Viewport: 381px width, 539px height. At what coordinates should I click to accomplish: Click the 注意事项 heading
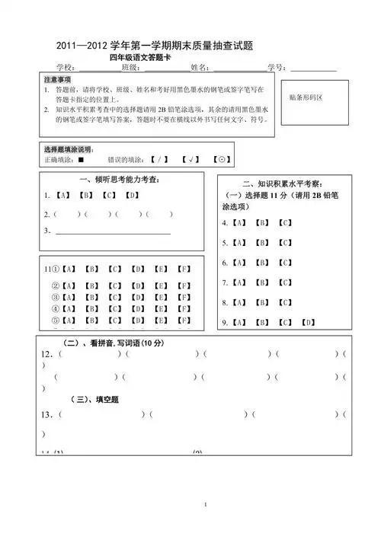click(x=57, y=80)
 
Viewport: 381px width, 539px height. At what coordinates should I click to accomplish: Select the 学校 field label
click(x=66, y=69)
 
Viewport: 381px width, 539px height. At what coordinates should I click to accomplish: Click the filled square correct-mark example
click(x=81, y=160)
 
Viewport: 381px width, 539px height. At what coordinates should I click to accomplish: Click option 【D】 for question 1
click(x=133, y=196)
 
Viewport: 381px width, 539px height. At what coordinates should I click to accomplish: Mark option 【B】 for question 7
click(x=261, y=283)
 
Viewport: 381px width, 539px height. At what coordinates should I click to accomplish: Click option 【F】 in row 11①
click(x=183, y=269)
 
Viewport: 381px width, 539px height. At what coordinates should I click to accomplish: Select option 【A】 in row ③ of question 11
click(x=68, y=298)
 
